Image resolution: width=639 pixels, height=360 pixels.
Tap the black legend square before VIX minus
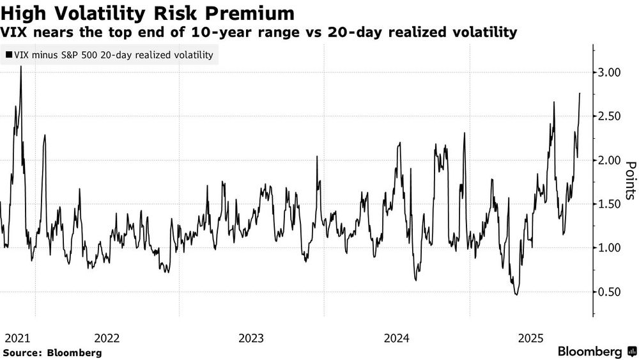[x=8, y=55]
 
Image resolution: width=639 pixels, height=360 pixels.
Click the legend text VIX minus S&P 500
[x=58, y=55]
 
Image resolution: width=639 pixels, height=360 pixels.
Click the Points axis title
[x=630, y=180]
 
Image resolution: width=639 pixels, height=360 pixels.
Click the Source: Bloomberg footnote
[x=52, y=352]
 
